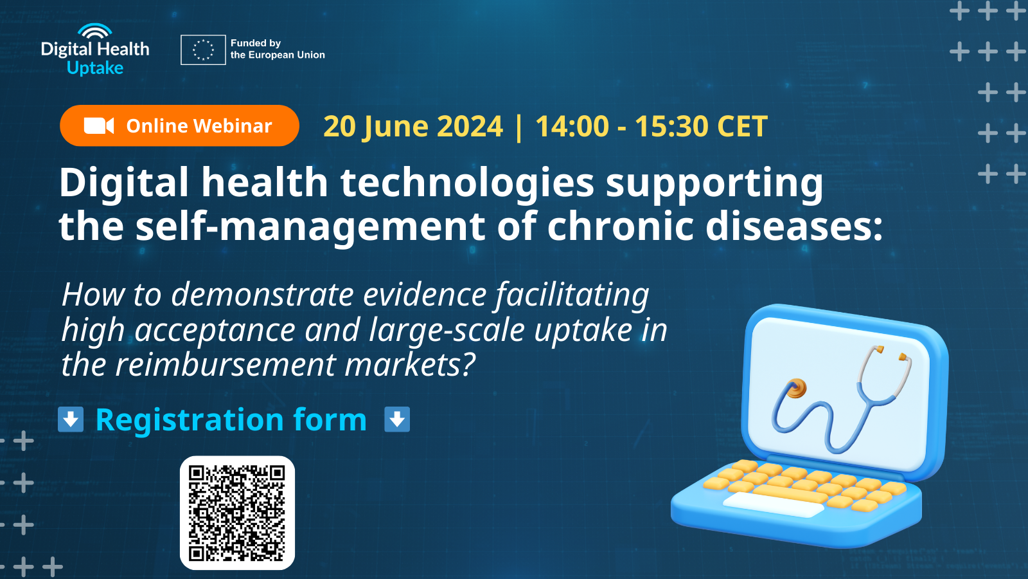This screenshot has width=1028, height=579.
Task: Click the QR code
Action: click(x=237, y=513)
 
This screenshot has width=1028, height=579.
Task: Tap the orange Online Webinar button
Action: click(x=179, y=125)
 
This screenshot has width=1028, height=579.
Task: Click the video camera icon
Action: click(x=98, y=125)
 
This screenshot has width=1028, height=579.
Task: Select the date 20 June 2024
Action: click(x=412, y=127)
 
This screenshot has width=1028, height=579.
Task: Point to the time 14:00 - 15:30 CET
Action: click(x=651, y=127)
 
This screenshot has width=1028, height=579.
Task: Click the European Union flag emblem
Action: click(x=203, y=50)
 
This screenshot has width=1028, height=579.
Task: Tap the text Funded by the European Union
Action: click(x=277, y=49)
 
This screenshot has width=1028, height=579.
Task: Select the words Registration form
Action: click(x=231, y=420)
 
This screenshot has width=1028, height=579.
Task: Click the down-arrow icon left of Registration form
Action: click(x=71, y=419)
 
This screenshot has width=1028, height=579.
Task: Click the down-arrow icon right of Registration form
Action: click(x=397, y=419)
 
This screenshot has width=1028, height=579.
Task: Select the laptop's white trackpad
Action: click(x=774, y=504)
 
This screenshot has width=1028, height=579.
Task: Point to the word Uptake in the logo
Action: click(x=95, y=68)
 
